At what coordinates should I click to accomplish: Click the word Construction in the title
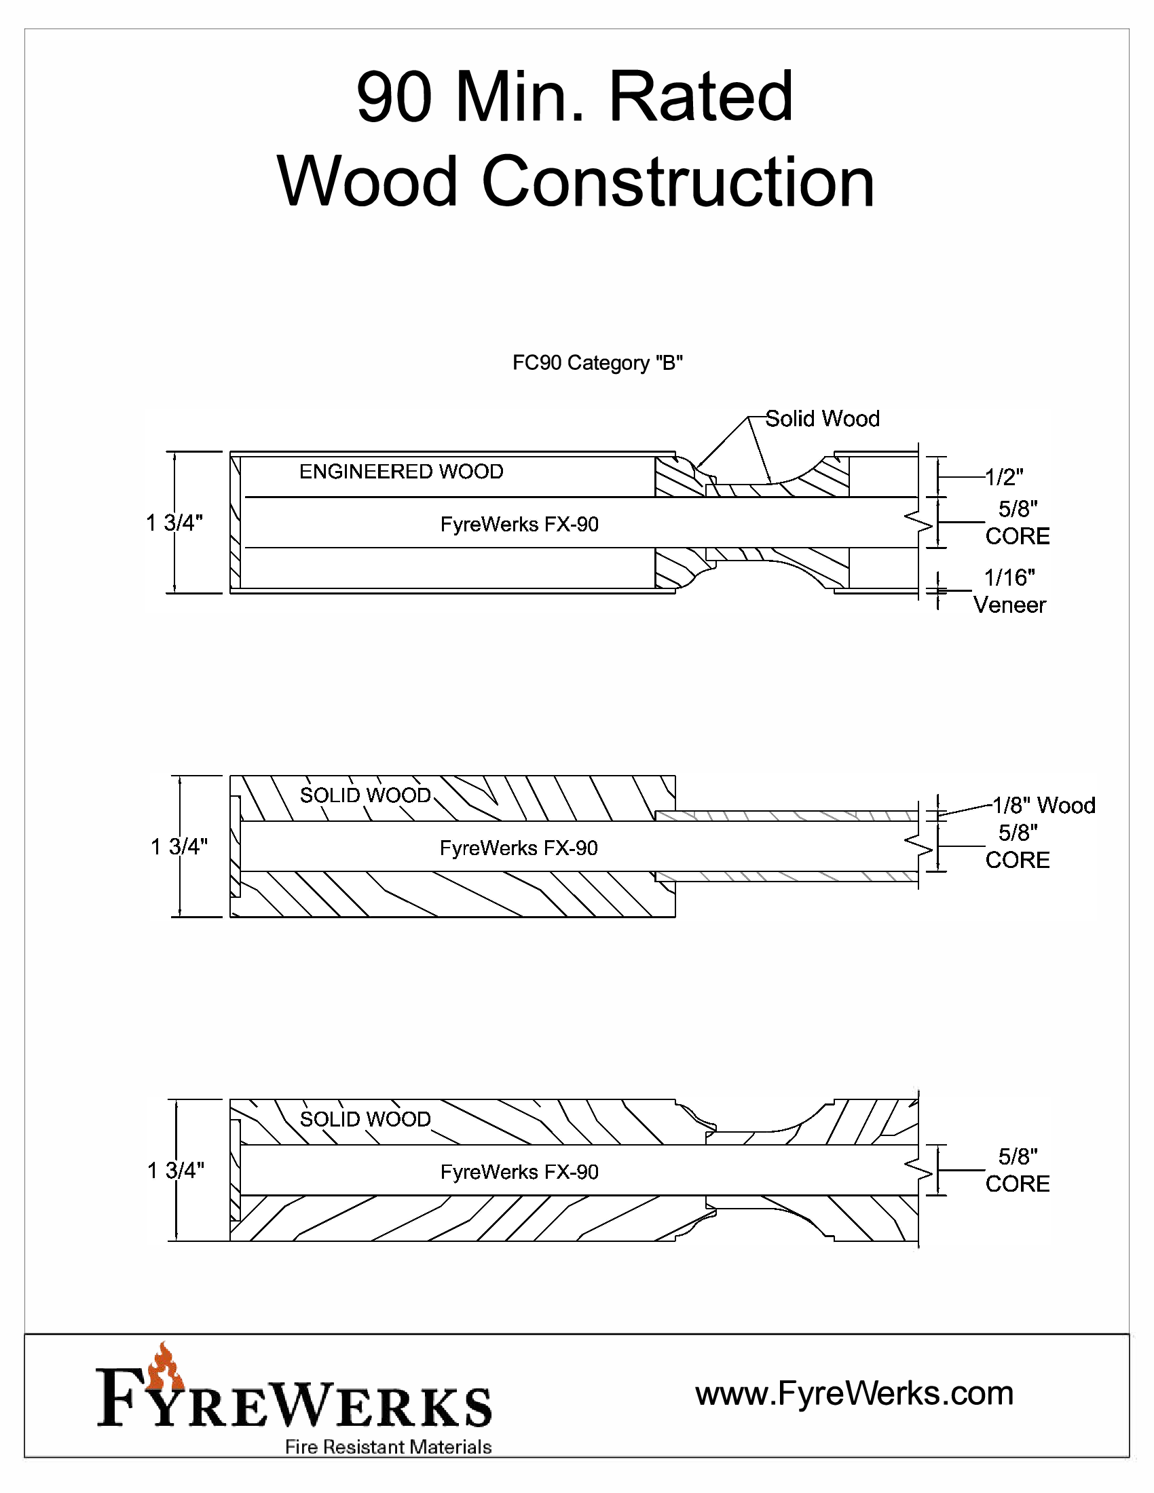click(x=678, y=182)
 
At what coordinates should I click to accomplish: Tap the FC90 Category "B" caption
click(x=597, y=362)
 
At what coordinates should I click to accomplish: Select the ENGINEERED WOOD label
click(x=401, y=472)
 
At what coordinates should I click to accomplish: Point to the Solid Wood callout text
click(x=823, y=418)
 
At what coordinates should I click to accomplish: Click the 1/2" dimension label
click(x=1003, y=477)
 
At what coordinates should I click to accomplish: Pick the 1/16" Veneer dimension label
click(x=1010, y=591)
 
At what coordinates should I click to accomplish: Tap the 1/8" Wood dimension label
click(x=1043, y=806)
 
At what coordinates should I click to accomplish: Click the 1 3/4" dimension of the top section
click(x=175, y=523)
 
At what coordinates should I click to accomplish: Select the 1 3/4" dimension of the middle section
click(x=179, y=846)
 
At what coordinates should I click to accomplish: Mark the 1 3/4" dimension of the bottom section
click(x=176, y=1171)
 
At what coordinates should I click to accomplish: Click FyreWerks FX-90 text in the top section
click(x=519, y=525)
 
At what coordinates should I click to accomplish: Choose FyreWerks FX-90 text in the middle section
click(x=519, y=848)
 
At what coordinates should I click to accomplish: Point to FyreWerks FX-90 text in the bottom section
click(x=519, y=1172)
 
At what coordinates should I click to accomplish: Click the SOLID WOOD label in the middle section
click(x=366, y=795)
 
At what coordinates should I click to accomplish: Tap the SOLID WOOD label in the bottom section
click(x=366, y=1119)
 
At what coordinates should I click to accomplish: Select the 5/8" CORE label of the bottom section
click(x=1018, y=1171)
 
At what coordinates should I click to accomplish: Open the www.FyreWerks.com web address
click(x=855, y=1393)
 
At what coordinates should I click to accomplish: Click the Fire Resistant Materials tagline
click(x=388, y=1447)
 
